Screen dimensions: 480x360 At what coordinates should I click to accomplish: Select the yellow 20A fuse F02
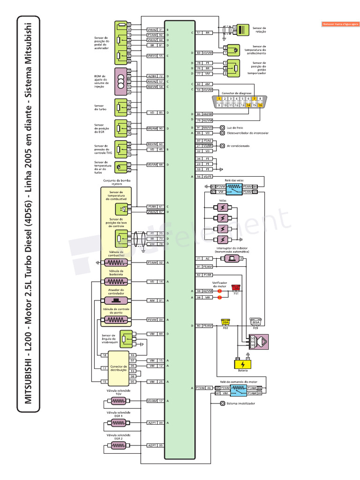225,322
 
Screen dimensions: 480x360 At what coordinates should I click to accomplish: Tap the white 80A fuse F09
256,322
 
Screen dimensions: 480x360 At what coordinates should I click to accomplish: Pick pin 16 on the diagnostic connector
260,105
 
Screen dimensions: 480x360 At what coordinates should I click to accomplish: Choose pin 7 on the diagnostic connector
254,99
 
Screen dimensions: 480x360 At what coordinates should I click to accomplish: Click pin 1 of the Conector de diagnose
219,99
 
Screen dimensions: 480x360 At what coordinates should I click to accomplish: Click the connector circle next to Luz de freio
222,127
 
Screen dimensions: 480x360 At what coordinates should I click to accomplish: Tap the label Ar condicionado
238,146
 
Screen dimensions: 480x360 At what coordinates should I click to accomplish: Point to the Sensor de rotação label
259,30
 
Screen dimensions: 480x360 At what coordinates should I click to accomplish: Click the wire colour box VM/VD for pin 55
152,56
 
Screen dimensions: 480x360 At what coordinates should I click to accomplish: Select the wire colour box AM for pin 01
152,300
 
